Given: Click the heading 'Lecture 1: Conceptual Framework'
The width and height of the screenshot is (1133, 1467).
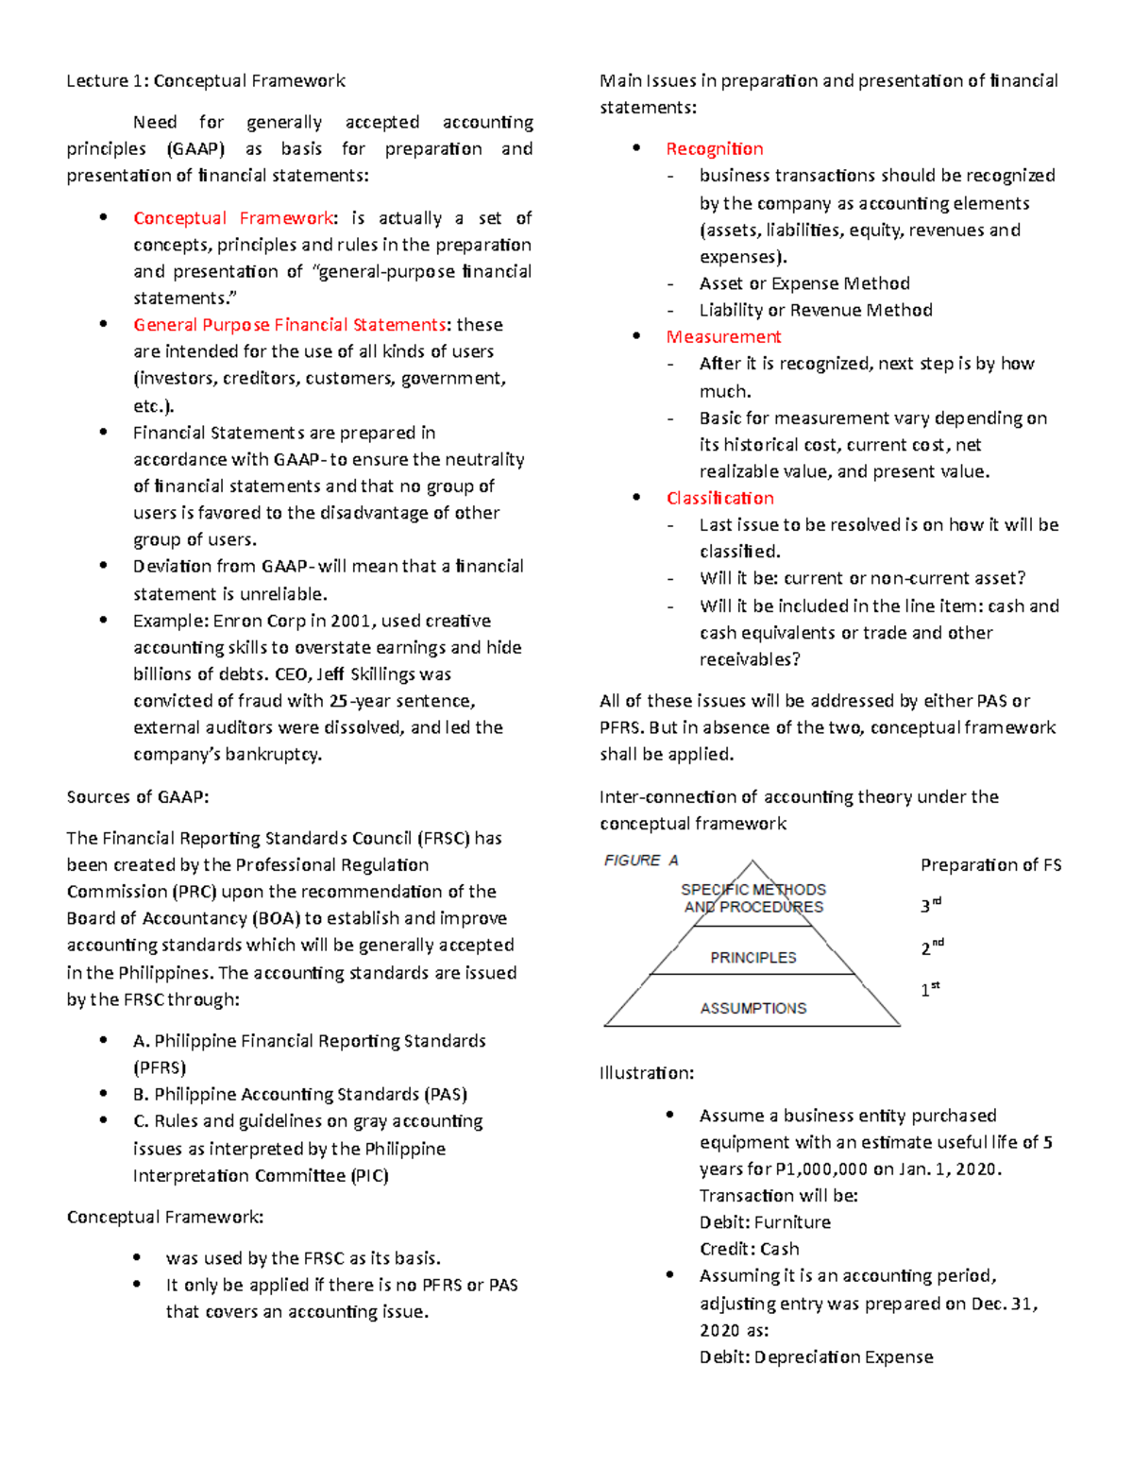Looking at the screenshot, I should [205, 81].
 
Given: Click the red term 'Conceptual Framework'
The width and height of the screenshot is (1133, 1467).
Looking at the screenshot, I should [232, 218].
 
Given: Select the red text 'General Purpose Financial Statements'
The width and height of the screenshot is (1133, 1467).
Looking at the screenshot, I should [289, 325].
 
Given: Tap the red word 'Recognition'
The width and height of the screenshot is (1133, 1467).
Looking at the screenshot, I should [714, 148].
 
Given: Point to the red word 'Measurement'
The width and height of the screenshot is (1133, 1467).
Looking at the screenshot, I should [723, 337].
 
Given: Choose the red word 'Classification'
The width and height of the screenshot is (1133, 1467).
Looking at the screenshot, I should [719, 498].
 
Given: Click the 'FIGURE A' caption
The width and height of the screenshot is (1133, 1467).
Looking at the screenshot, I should [641, 860].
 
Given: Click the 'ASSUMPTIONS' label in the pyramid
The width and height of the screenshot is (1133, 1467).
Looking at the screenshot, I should [753, 1008].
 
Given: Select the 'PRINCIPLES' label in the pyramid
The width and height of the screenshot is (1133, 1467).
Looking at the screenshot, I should [753, 957].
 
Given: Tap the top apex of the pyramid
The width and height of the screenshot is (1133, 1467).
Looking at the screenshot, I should [753, 861].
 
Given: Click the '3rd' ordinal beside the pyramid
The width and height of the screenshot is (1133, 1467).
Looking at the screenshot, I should [930, 905].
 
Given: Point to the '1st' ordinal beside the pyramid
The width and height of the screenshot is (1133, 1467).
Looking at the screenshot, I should [930, 989].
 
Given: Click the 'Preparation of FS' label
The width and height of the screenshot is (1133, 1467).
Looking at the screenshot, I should [990, 864].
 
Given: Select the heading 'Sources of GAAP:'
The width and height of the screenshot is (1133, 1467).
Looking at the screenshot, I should [138, 796].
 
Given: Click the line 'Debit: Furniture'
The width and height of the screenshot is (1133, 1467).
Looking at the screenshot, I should [765, 1221].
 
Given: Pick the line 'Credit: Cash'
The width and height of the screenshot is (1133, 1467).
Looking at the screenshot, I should [749, 1249].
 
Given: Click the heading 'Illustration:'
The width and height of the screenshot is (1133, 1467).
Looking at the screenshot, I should [647, 1073].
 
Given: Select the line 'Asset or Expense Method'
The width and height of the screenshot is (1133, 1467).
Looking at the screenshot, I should [804, 283].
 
